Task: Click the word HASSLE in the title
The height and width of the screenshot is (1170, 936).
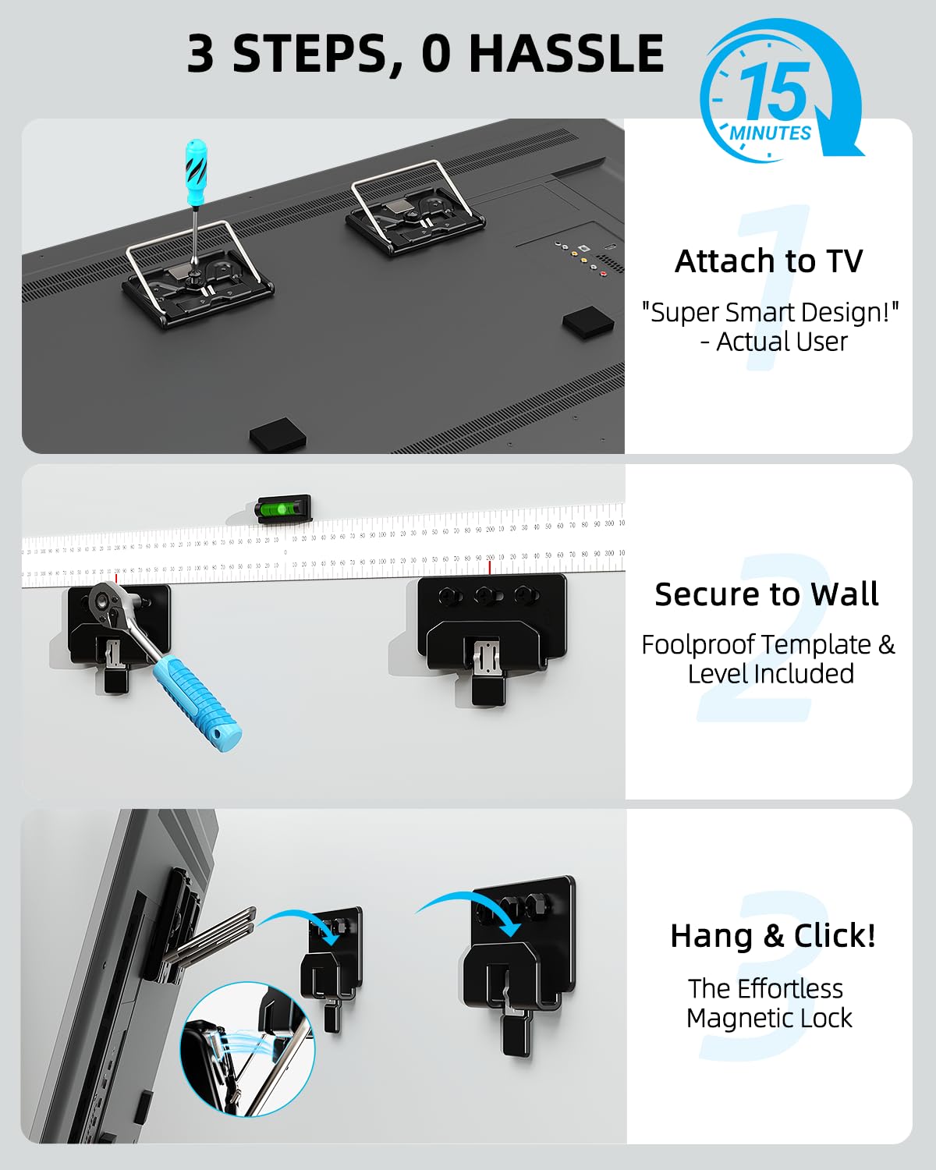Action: click(x=565, y=54)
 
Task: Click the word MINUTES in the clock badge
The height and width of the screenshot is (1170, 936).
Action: click(x=770, y=133)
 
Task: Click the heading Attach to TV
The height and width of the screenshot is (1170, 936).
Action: click(x=768, y=261)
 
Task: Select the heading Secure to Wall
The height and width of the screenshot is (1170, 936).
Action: click(x=767, y=594)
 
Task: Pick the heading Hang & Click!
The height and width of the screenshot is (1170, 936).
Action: click(x=772, y=935)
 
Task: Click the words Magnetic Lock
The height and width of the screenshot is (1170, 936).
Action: click(x=769, y=1019)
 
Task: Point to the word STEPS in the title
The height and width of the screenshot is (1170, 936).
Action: click(x=312, y=54)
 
